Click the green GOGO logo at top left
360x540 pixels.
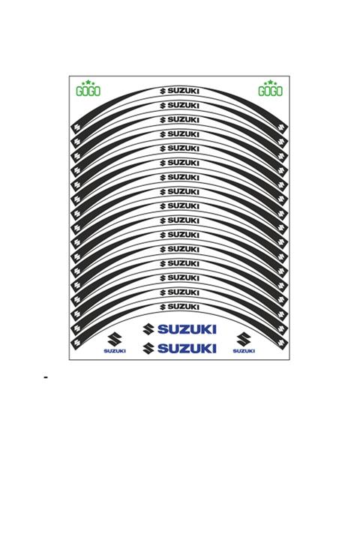(x=88, y=92)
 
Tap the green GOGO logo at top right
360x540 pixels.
(x=270, y=92)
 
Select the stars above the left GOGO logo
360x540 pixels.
(x=88, y=82)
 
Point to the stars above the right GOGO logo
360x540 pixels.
(x=270, y=82)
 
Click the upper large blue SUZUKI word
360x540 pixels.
(x=187, y=329)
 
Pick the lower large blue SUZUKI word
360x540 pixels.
(x=187, y=348)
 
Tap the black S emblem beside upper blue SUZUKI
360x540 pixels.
(x=149, y=329)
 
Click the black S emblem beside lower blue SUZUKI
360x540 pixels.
(x=149, y=348)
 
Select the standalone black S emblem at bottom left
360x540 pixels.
(x=115, y=339)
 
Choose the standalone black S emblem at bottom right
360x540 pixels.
(x=244, y=339)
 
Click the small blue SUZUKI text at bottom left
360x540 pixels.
(x=115, y=351)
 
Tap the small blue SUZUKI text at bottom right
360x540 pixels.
(x=244, y=351)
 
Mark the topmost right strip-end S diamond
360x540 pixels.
(x=283, y=128)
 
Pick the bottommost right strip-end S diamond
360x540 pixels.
(x=283, y=342)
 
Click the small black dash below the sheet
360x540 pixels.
(x=46, y=377)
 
